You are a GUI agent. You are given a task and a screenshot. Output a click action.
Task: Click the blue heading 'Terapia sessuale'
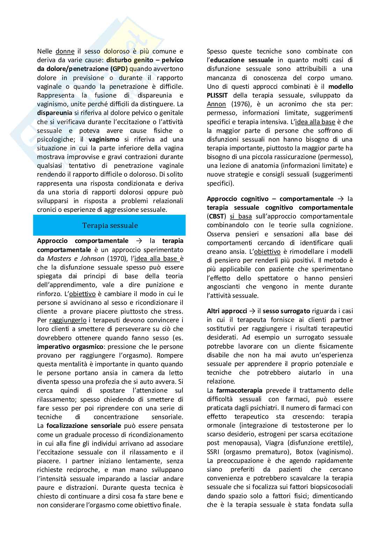point(110,225)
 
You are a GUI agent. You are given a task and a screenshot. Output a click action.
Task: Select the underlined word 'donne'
point(65,51)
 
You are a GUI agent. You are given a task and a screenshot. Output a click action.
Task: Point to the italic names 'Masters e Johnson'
point(75,259)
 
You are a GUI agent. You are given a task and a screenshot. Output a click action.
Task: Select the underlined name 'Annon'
point(216,104)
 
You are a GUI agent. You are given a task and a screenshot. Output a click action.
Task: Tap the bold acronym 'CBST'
point(217,216)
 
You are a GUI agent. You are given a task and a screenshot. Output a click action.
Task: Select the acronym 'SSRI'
point(214,452)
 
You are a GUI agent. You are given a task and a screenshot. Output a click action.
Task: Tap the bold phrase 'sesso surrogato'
point(286,311)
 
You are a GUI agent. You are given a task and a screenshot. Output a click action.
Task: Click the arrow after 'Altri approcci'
point(252,311)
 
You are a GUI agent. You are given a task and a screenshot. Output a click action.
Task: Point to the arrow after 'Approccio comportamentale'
point(139,241)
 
